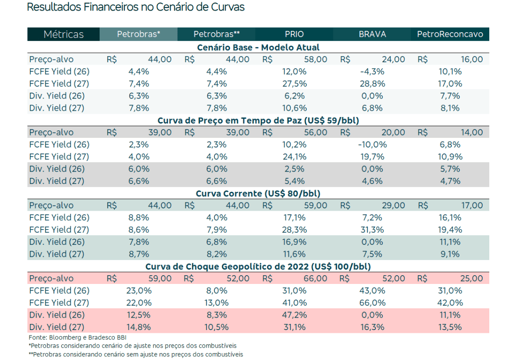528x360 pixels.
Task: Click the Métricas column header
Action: click(x=64, y=34)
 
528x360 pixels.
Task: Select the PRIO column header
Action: click(x=294, y=34)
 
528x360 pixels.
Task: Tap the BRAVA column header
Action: click(x=372, y=34)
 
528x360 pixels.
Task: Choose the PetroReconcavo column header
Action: click(x=450, y=34)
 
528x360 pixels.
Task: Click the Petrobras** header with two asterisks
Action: click(x=217, y=34)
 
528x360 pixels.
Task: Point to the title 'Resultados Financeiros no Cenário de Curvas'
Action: click(x=136, y=7)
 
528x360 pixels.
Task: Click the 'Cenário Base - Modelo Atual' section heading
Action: click(x=258, y=47)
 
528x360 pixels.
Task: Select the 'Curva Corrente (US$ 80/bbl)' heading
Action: click(x=258, y=193)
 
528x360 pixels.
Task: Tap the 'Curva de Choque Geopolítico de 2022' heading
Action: click(x=258, y=266)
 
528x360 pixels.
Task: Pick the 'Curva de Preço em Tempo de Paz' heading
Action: click(x=258, y=120)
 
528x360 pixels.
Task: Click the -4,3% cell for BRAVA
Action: click(x=372, y=71)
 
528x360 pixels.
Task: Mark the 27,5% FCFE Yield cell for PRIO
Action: click(x=294, y=83)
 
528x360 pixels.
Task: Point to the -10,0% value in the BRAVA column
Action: click(x=372, y=144)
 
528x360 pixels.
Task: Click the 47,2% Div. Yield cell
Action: click(x=294, y=315)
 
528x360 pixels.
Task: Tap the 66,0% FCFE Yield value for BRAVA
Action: click(x=372, y=303)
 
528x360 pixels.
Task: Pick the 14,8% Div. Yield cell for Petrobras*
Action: click(x=139, y=327)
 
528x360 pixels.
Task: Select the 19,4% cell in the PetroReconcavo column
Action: click(x=450, y=230)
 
